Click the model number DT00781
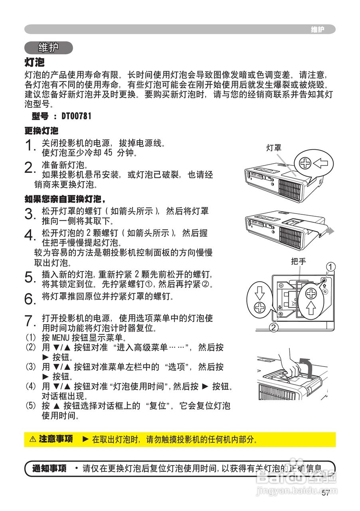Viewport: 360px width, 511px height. click(76, 116)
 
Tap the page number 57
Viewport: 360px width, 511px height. click(326, 493)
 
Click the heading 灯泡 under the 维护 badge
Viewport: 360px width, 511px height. click(35, 62)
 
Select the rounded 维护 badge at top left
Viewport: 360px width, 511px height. click(49, 48)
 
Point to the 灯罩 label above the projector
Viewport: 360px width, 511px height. click(274, 148)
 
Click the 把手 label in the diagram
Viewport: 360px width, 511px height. click(299, 262)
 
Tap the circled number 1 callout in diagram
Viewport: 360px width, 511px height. click(330, 266)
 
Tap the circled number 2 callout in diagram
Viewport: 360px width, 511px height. click(274, 328)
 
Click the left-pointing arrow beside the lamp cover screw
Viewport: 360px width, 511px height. click(320, 163)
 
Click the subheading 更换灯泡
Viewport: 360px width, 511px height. click(42, 131)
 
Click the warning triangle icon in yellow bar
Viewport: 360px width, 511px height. click(33, 440)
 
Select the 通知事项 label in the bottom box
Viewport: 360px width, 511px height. click(49, 468)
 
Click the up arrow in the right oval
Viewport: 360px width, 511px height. click(311, 309)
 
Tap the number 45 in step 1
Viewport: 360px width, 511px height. click(109, 153)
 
